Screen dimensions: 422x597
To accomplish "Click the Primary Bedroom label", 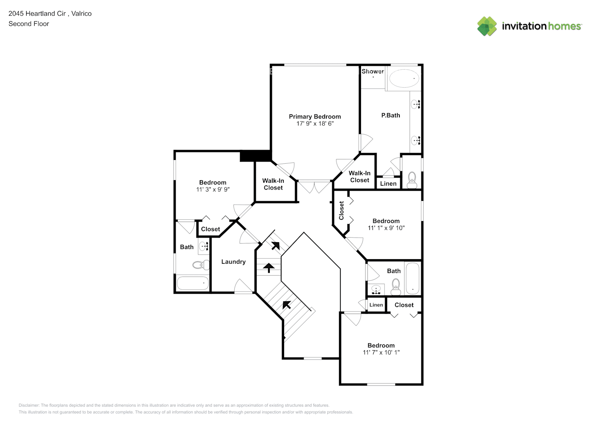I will (315, 116).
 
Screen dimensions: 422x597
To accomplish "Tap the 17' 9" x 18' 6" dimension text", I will (315, 124).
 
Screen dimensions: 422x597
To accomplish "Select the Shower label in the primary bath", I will (372, 71).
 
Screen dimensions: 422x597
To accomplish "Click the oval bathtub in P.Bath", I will (404, 78).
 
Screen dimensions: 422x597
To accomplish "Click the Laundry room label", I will (233, 262).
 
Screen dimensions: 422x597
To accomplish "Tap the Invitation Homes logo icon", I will (487, 26).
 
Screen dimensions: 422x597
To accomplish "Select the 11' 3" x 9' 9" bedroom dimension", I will (213, 189).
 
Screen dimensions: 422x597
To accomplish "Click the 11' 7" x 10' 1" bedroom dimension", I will (381, 352).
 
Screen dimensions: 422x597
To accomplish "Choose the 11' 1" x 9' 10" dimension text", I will (386, 228).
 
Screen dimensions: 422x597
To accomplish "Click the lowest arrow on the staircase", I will (287, 304).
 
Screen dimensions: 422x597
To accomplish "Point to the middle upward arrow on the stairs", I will (269, 268).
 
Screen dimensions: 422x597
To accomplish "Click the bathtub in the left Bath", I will (193, 283).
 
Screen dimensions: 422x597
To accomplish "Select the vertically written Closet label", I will (341, 210).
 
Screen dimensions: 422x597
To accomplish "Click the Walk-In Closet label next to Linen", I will (359, 176).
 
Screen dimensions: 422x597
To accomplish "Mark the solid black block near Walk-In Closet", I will (255, 156).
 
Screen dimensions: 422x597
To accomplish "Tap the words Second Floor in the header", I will (29, 24).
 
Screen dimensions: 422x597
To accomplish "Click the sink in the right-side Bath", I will (376, 290).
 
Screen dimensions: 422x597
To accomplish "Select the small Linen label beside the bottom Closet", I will (376, 305).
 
